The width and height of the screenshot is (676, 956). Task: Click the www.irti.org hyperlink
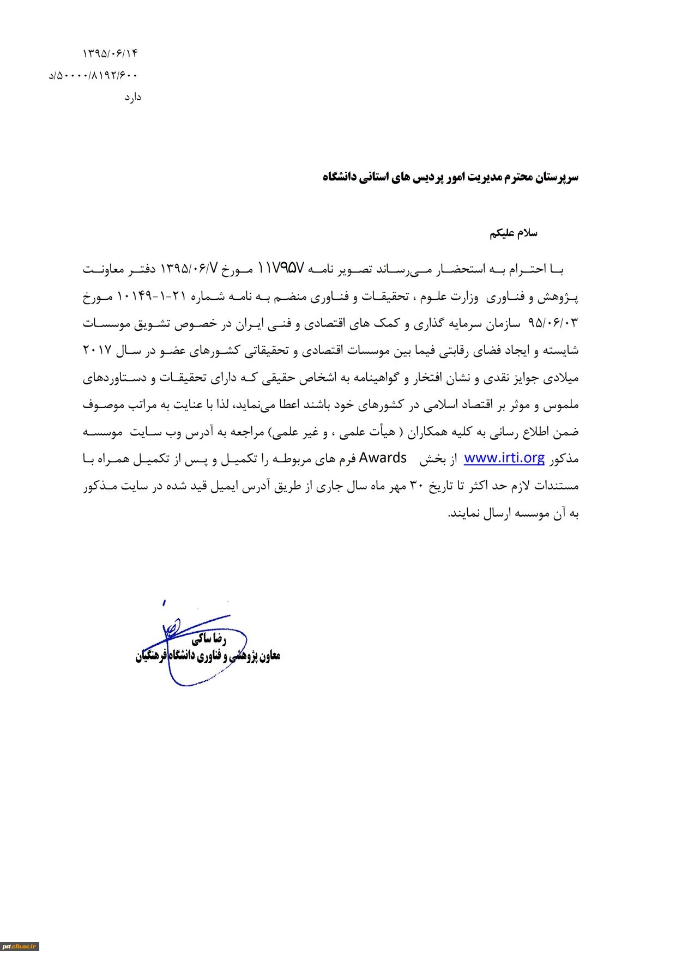[504, 458]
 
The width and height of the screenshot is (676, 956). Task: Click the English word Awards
[383, 458]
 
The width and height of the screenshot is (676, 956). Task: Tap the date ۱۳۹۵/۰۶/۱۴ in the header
[110, 53]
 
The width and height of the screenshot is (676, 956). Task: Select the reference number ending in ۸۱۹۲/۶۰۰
[93, 75]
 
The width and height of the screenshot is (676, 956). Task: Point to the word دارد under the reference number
[132, 98]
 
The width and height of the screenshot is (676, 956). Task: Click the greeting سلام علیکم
[513, 233]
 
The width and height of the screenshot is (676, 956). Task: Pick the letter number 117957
[280, 269]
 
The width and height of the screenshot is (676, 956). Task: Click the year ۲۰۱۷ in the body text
[96, 350]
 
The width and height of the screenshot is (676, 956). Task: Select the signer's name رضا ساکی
[208, 639]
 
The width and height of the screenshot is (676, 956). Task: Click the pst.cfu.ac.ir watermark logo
[20, 947]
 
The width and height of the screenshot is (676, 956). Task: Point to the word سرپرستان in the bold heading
[557, 178]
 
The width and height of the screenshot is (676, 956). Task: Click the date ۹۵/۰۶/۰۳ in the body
[553, 324]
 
